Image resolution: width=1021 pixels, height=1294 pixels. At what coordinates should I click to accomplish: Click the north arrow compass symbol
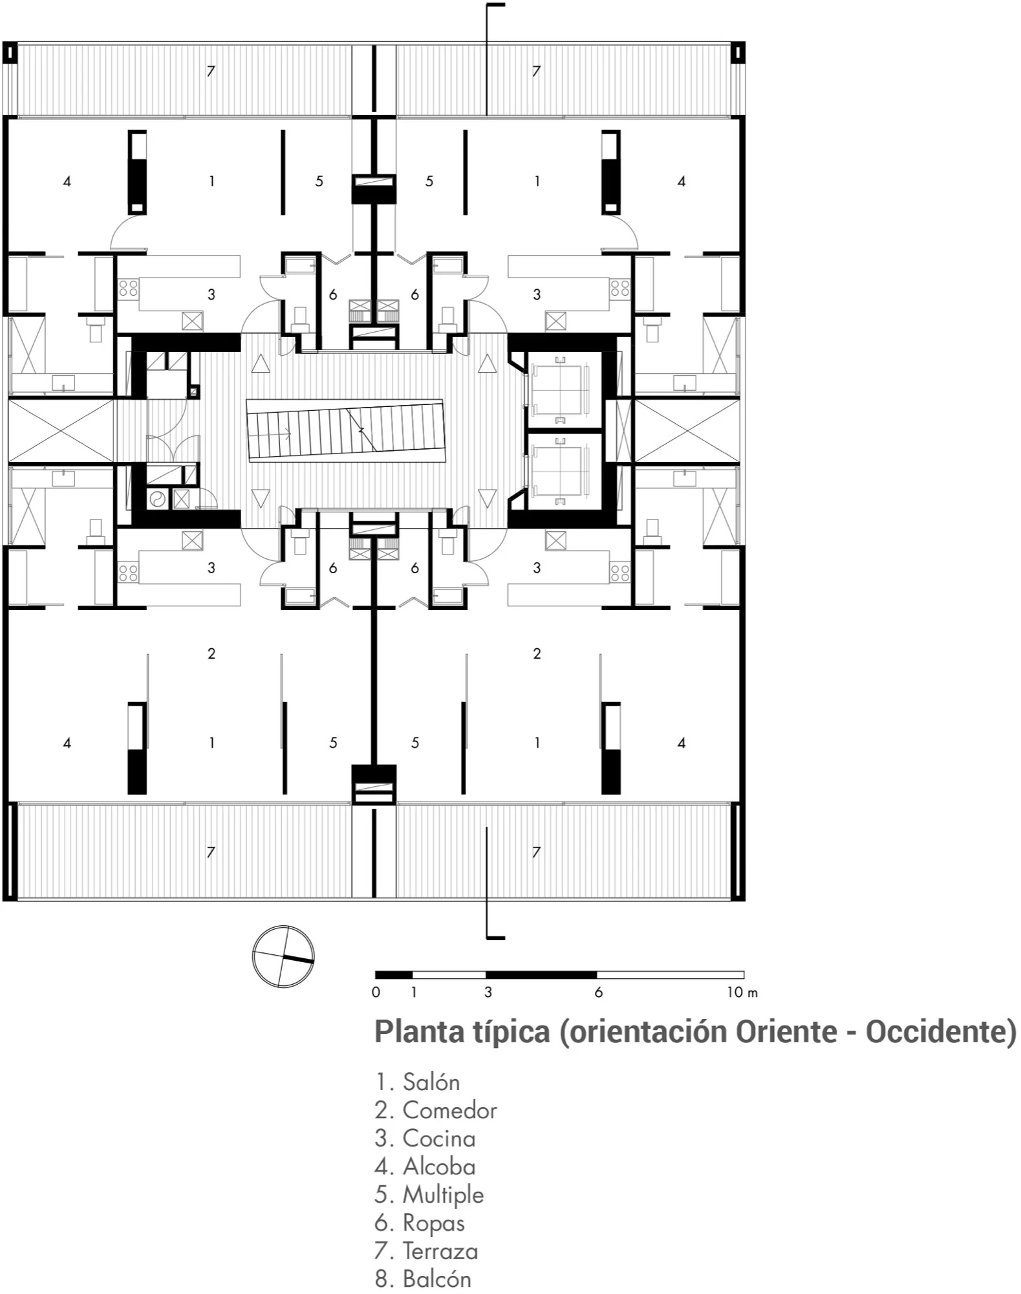(x=283, y=956)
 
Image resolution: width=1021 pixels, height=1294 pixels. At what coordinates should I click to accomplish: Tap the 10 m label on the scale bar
(x=742, y=992)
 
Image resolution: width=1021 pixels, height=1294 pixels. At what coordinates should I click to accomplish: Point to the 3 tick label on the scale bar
(x=488, y=992)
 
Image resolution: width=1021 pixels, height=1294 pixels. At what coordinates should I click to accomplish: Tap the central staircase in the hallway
(x=345, y=430)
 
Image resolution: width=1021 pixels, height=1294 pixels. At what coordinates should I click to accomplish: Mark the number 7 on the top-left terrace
(x=211, y=71)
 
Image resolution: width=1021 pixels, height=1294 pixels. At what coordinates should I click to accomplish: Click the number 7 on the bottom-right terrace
(x=536, y=852)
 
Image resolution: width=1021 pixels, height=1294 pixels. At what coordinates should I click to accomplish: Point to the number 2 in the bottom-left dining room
(x=211, y=653)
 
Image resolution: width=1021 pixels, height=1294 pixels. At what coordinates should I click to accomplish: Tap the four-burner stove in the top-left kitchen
(x=128, y=287)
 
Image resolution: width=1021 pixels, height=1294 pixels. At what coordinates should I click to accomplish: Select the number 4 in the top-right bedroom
(x=682, y=181)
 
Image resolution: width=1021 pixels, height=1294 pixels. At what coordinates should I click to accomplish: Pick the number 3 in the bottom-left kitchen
(x=211, y=567)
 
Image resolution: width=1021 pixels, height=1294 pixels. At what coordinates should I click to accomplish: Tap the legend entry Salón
(x=418, y=1081)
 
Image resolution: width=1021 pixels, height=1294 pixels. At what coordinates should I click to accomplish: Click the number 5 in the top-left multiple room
(x=319, y=181)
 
